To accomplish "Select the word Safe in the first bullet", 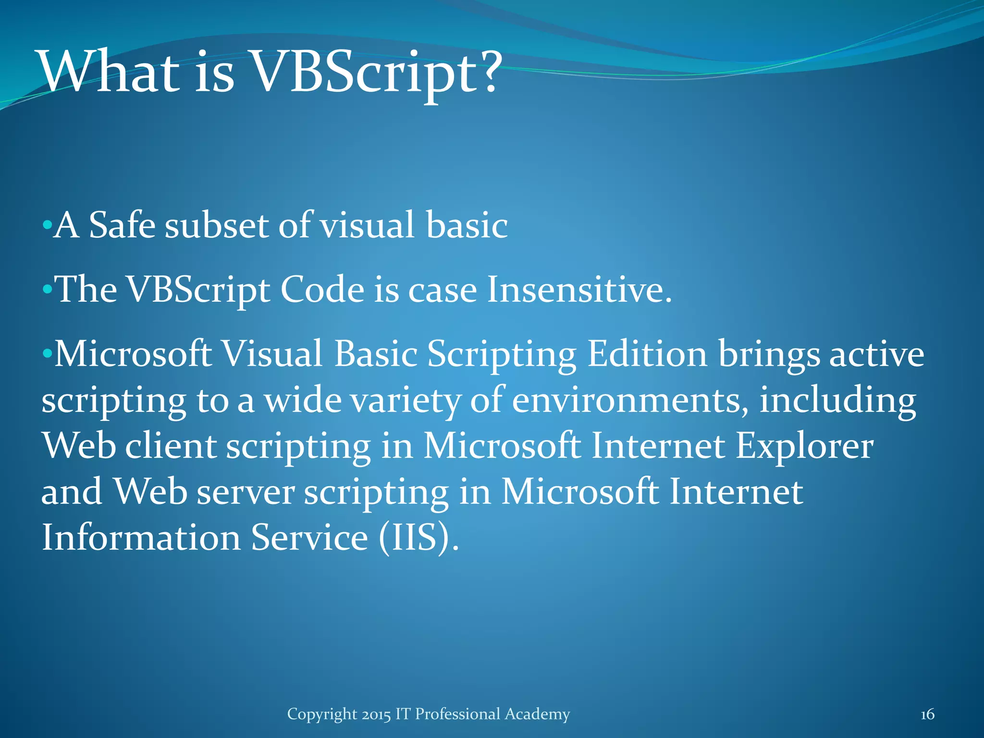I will point(122,225).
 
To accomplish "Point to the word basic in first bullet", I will point(467,225).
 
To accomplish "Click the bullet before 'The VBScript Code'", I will point(47,289).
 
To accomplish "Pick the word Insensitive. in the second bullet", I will point(579,289).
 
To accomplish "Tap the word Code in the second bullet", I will point(322,289).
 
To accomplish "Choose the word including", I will point(837,401).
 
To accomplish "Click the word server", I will point(246,492).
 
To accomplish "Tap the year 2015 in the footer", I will point(376,714).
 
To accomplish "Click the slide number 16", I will point(927,714).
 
